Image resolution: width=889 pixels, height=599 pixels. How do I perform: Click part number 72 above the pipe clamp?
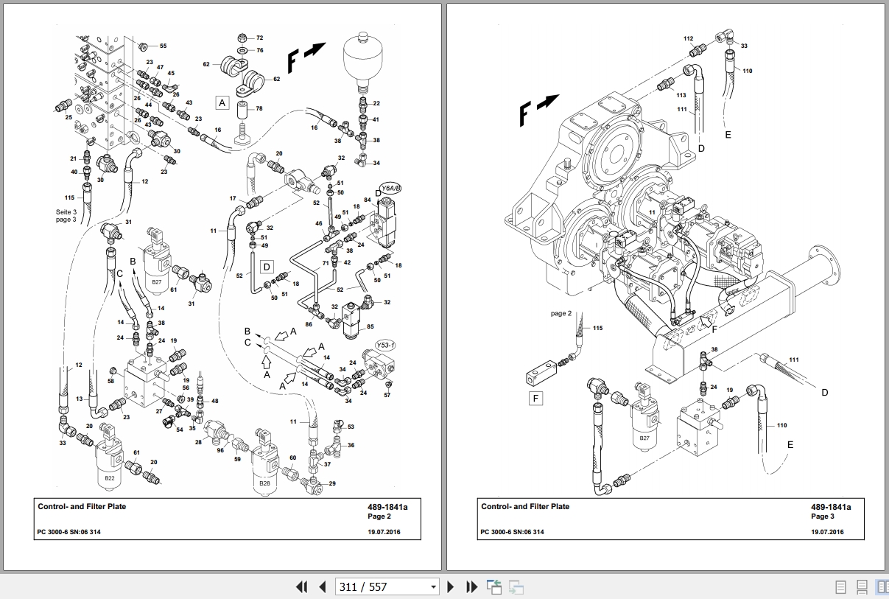pos(259,38)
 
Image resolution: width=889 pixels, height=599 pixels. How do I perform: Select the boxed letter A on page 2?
pos(222,103)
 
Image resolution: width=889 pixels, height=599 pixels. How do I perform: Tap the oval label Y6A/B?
pos(390,188)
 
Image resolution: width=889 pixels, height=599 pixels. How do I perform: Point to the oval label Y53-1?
pos(385,346)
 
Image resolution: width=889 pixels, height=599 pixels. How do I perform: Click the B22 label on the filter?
pos(110,478)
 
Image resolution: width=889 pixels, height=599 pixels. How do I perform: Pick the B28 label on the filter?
pos(264,483)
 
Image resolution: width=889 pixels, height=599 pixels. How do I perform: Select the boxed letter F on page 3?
pos(535,398)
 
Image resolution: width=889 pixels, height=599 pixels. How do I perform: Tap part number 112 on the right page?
pos(688,38)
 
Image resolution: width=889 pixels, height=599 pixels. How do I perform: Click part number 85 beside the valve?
pos(370,326)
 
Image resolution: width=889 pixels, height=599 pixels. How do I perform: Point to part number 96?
pos(220,450)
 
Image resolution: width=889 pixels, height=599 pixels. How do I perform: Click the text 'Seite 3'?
pos(66,212)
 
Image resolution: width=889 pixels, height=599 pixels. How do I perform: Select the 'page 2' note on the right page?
pos(561,314)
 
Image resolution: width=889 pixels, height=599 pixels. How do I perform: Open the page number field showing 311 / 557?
pos(387,586)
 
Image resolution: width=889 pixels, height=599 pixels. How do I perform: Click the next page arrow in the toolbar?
pos(450,586)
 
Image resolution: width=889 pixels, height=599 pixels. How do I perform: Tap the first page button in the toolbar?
pos(302,586)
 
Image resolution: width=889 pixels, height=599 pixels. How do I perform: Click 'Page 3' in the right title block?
pos(822,516)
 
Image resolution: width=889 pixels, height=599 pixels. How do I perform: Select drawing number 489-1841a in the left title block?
pos(387,507)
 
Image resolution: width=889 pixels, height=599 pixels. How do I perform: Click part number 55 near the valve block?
pos(163,46)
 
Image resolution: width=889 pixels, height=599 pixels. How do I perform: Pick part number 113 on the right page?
pos(681,95)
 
